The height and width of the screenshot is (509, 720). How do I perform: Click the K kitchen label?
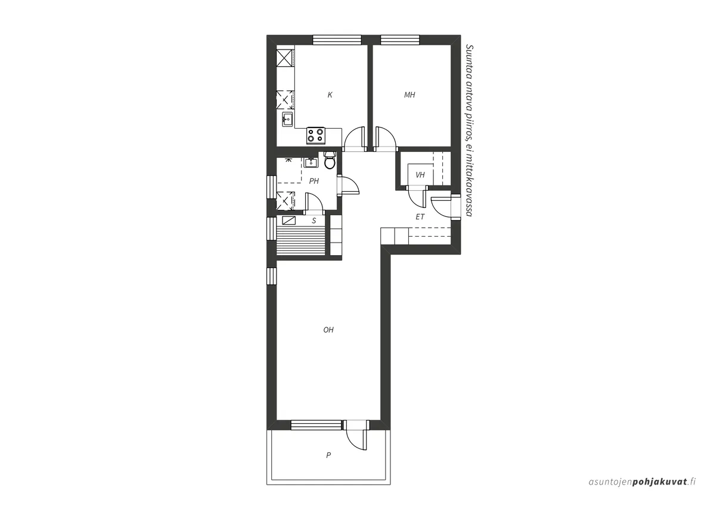click(330, 95)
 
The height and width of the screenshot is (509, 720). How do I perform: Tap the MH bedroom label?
click(409, 95)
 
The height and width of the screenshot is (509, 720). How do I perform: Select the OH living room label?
click(328, 330)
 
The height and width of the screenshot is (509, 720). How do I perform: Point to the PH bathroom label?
click(314, 181)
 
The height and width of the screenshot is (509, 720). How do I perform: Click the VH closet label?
click(420, 175)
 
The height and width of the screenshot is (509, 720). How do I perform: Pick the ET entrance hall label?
click(420, 217)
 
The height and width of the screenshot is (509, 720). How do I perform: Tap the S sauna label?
click(314, 221)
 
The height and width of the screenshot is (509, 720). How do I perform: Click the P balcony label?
click(328, 455)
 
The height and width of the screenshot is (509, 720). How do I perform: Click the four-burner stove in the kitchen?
click(316, 135)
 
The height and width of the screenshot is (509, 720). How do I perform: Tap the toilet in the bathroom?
click(330, 160)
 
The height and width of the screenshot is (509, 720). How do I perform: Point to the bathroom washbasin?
click(311, 163)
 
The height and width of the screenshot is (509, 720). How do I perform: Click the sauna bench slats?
click(301, 240)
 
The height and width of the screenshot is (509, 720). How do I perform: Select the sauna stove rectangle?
click(288, 221)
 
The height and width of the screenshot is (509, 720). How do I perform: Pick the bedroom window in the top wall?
click(400, 40)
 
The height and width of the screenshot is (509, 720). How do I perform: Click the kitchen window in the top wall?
click(337, 40)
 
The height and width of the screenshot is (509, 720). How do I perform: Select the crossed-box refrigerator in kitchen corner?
click(285, 58)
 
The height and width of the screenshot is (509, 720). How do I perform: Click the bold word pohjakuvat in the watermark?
click(660, 491)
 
